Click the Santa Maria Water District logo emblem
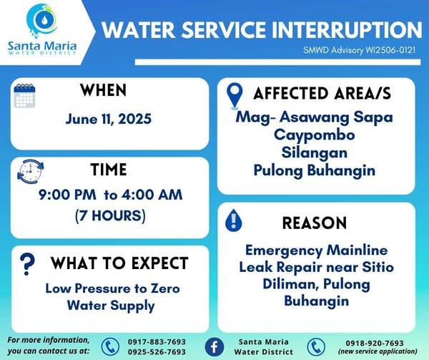42,21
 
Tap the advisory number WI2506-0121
390,50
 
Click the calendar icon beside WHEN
24,95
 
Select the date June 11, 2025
109,119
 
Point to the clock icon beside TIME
30,171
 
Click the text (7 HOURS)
110,215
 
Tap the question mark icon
27,264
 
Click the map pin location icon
235,96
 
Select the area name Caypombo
315,135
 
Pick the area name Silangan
315,153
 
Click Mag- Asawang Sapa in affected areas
315,117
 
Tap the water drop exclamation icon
233,220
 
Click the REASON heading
315,223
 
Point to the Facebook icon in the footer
214,347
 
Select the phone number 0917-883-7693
157,342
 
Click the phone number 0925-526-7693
157,352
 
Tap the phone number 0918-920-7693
375,343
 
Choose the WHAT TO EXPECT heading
119,263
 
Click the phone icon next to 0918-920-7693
316,347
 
